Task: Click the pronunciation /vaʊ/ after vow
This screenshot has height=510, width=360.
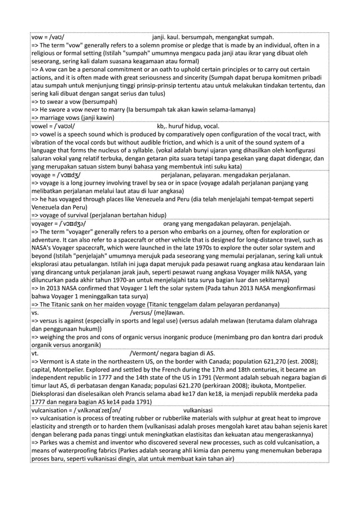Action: click(x=60, y=37)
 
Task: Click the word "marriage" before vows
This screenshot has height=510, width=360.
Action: click(x=54, y=117)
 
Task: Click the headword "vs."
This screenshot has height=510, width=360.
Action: click(x=35, y=313)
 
